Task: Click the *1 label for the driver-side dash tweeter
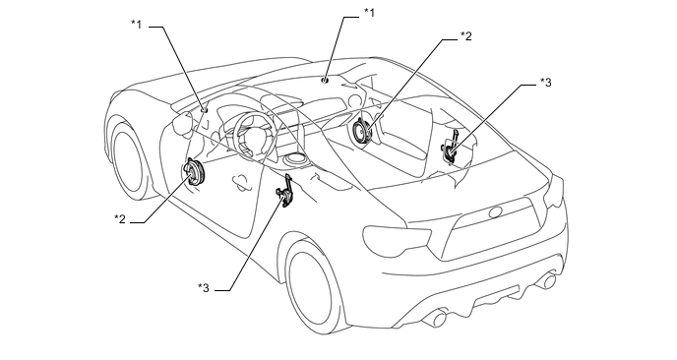137,25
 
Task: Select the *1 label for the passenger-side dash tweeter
369,13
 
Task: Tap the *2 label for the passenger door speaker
465,36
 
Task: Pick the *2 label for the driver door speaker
120,218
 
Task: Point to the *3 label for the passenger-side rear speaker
546,83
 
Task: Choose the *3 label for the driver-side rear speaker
204,287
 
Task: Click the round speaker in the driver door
194,171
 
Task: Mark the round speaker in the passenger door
362,131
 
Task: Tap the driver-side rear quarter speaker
285,191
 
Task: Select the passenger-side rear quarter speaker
450,147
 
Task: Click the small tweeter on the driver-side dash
205,109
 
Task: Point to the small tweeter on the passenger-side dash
325,80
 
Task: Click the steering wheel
254,134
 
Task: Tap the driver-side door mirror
181,124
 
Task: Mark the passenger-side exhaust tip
547,279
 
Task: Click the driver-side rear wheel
314,285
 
